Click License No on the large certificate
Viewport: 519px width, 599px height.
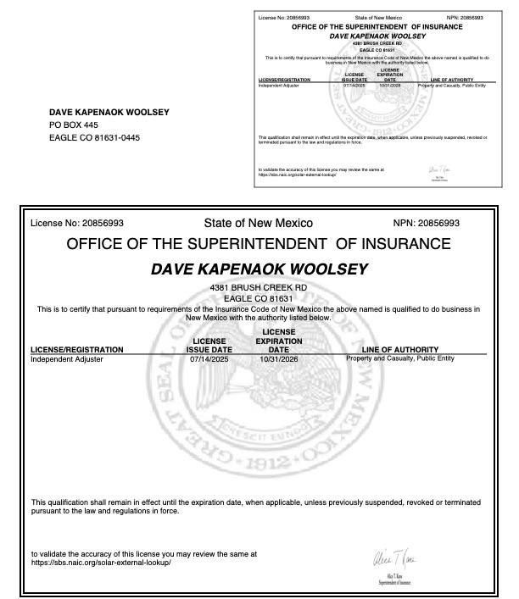(x=76, y=224)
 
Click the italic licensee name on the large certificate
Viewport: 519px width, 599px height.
(x=259, y=269)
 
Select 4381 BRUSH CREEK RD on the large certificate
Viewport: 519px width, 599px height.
(x=259, y=289)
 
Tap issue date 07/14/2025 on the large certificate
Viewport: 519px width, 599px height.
(x=208, y=359)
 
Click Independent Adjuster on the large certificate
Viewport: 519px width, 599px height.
(x=66, y=359)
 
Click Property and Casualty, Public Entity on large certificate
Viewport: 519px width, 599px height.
(x=401, y=358)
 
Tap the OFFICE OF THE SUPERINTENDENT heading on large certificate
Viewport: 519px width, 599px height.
(x=259, y=245)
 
